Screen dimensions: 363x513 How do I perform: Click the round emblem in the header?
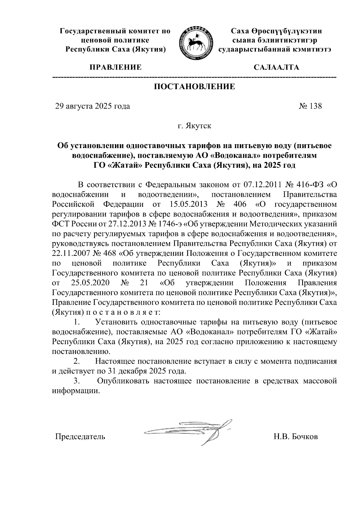(x=195, y=42)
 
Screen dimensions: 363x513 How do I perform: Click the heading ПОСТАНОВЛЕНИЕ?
(x=195, y=87)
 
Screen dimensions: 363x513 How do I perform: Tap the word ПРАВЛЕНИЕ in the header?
(x=115, y=67)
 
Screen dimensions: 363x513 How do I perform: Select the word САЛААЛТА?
(x=276, y=67)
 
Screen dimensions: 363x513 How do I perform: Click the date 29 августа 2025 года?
(x=93, y=106)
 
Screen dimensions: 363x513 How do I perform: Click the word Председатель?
(x=80, y=437)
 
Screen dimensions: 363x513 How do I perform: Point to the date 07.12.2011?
(x=260, y=185)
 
